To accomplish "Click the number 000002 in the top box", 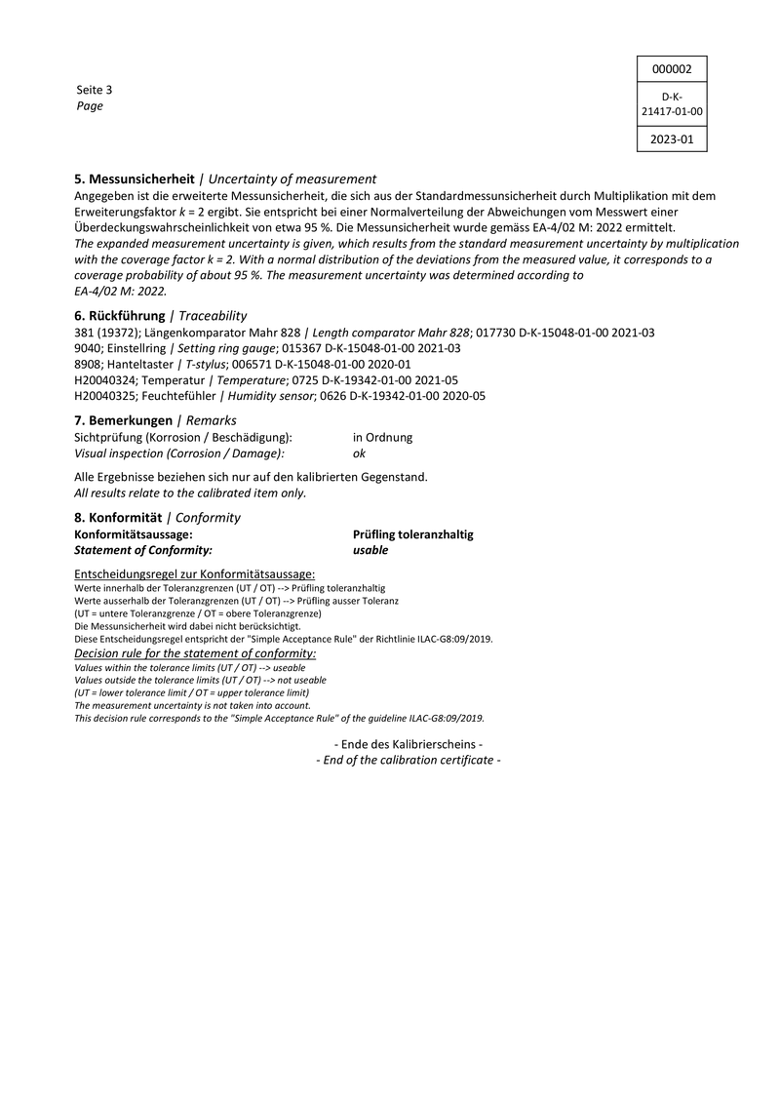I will (672, 69).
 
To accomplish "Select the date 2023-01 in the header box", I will (672, 139).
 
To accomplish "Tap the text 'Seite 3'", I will (95, 90).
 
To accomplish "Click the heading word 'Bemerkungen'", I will (130, 419).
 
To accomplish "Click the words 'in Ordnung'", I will (382, 438).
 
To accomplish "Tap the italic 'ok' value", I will (359, 453).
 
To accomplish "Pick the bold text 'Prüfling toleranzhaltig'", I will (413, 534).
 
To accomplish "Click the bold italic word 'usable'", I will (370, 550).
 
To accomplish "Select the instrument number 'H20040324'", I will (106, 380).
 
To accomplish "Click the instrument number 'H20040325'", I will (106, 396).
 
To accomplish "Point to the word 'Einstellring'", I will (137, 348).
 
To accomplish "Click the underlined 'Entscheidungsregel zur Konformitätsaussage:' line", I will (195, 574).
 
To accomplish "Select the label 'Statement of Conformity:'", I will (143, 550).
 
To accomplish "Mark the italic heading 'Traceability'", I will (213, 316).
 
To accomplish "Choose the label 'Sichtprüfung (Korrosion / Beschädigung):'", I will (183, 438).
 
